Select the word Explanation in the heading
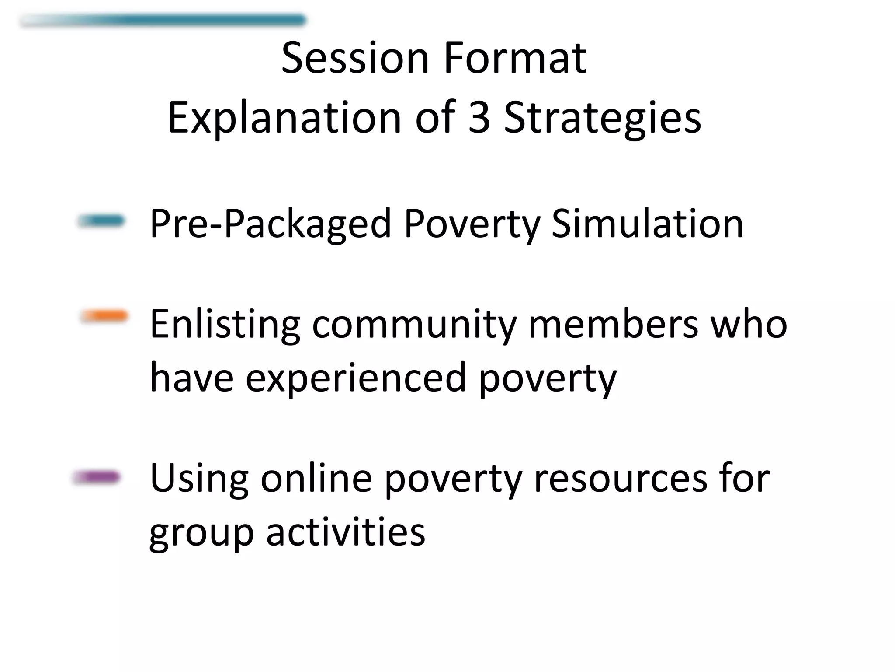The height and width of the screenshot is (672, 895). pyautogui.click(x=284, y=117)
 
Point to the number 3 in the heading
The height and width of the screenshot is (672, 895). pyautogui.click(x=479, y=117)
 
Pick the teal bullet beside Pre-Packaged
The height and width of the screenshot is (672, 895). pyautogui.click(x=101, y=221)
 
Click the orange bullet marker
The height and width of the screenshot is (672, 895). pyautogui.click(x=104, y=316)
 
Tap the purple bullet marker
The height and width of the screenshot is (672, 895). pyautogui.click(x=96, y=477)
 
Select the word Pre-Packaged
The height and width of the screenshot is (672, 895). pyautogui.click(x=270, y=224)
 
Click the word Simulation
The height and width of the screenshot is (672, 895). pyautogui.click(x=647, y=224)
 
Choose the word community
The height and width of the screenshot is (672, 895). pyautogui.click(x=414, y=325)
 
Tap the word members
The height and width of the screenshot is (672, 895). pyautogui.click(x=613, y=325)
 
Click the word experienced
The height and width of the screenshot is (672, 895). pyautogui.click(x=356, y=378)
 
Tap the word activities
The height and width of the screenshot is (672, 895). pyautogui.click(x=345, y=532)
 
